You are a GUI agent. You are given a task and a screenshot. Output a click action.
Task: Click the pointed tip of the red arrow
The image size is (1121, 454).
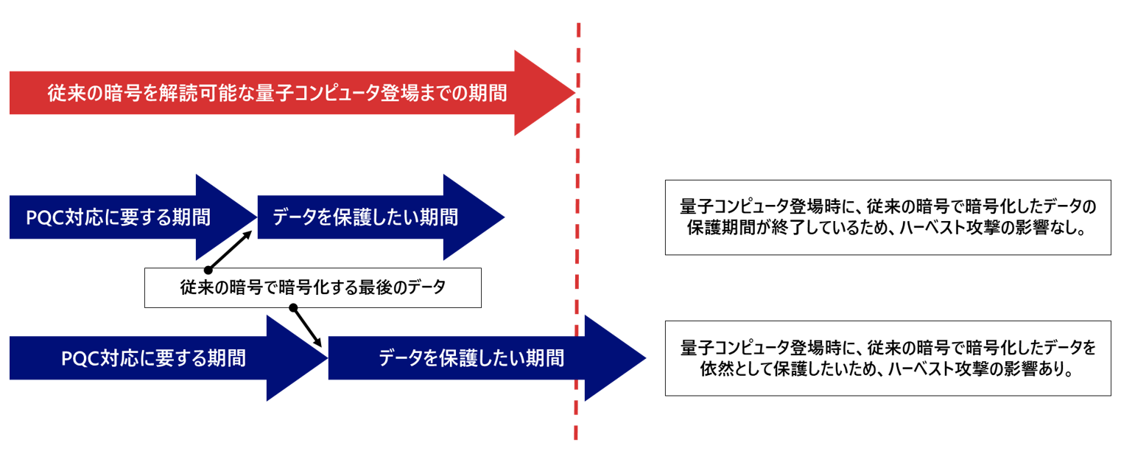[x=573, y=94]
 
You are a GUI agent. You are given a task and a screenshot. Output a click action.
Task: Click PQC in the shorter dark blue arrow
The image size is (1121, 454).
[x=46, y=218]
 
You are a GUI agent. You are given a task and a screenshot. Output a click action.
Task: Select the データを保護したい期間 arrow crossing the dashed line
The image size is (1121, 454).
[x=471, y=359]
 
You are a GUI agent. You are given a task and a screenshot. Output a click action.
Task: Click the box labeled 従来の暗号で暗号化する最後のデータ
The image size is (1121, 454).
[x=313, y=287]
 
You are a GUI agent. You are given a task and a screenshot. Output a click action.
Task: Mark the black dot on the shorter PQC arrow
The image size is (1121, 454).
[x=208, y=270]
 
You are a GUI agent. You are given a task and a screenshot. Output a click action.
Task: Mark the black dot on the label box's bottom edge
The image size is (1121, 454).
[x=292, y=307]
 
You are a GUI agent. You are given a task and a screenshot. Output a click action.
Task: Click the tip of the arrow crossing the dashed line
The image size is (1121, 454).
[x=644, y=359]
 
